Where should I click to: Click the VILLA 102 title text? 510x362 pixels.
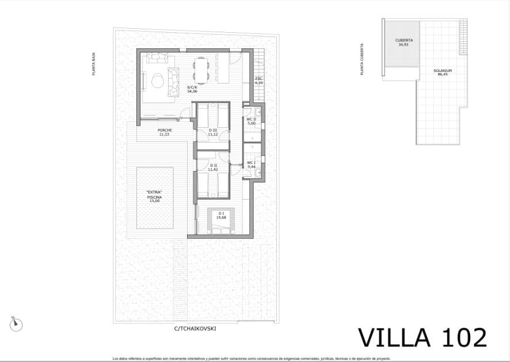point(423,337)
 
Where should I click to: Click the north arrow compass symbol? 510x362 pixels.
point(16,324)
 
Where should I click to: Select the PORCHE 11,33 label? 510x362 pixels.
point(165,132)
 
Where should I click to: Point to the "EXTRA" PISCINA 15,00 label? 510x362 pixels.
point(154,196)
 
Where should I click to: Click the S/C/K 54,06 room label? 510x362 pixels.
point(192,89)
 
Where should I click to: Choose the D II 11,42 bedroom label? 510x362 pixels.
point(212,167)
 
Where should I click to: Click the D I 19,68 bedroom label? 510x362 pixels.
point(221,215)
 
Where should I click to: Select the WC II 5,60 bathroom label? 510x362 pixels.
point(251,121)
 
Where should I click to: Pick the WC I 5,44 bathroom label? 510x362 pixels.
point(251,164)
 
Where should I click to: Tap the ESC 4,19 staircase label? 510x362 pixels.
point(259,81)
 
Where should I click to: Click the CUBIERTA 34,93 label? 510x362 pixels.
point(404,42)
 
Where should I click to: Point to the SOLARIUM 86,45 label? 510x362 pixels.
point(443,72)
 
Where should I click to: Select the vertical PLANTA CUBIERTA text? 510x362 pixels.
point(361,59)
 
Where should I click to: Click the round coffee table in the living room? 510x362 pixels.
point(157,81)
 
